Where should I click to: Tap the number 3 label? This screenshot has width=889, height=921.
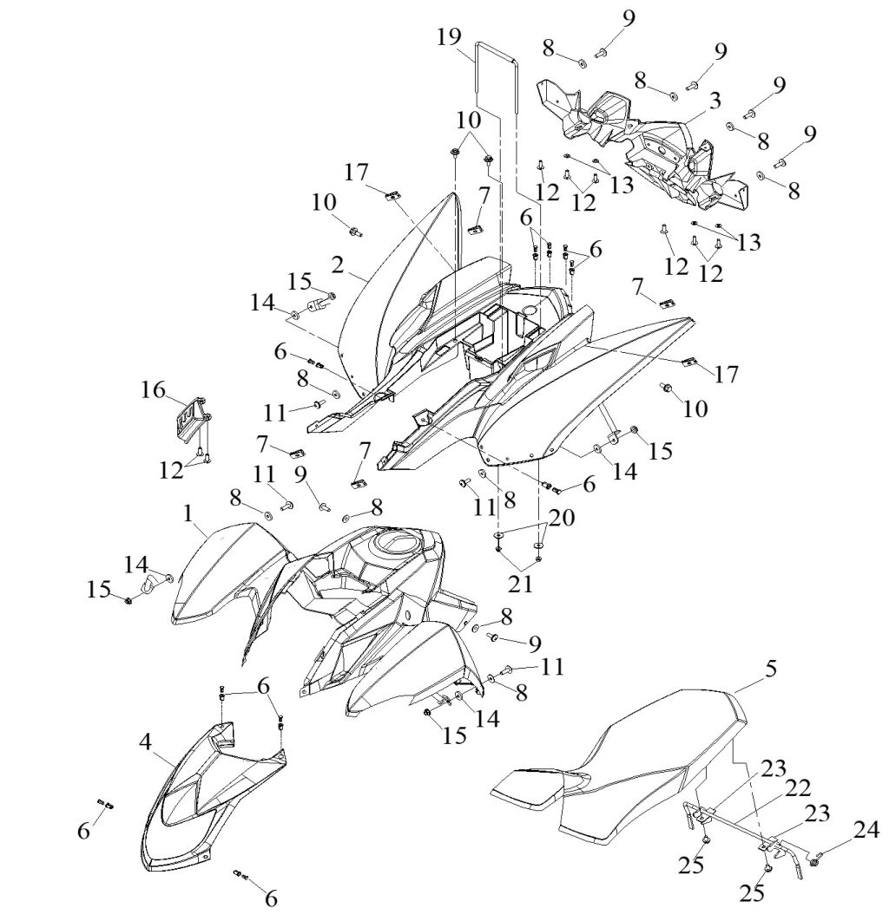click(714, 101)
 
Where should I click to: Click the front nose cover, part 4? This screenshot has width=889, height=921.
click(208, 798)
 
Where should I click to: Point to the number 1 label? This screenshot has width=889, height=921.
click(188, 513)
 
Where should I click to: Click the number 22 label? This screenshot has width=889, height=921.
click(798, 787)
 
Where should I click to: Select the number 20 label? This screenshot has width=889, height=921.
click(562, 517)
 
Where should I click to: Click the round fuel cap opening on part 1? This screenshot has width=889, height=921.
click(395, 544)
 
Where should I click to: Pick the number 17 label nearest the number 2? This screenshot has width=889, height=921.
click(356, 173)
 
